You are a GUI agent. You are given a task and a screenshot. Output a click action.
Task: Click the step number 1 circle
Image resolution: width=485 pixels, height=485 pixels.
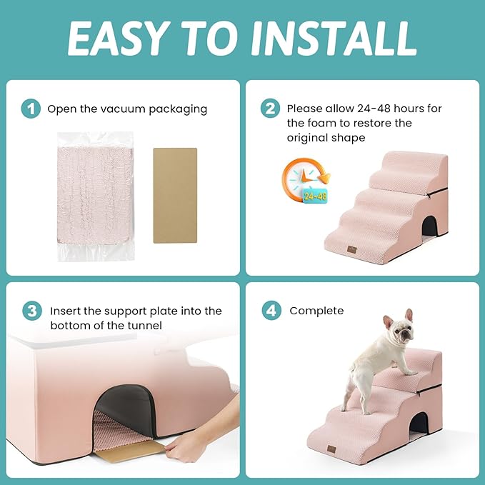[x=31, y=109]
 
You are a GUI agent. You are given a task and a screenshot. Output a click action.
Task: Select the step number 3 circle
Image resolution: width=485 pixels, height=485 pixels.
[x=31, y=311]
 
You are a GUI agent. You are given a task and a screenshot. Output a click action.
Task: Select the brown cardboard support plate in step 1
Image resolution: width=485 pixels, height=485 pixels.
[x=175, y=195]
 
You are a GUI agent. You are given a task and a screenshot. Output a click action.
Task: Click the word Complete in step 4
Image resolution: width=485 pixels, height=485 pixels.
[x=316, y=311]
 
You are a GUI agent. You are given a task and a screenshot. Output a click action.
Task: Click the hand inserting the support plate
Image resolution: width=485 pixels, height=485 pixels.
[x=190, y=447]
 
